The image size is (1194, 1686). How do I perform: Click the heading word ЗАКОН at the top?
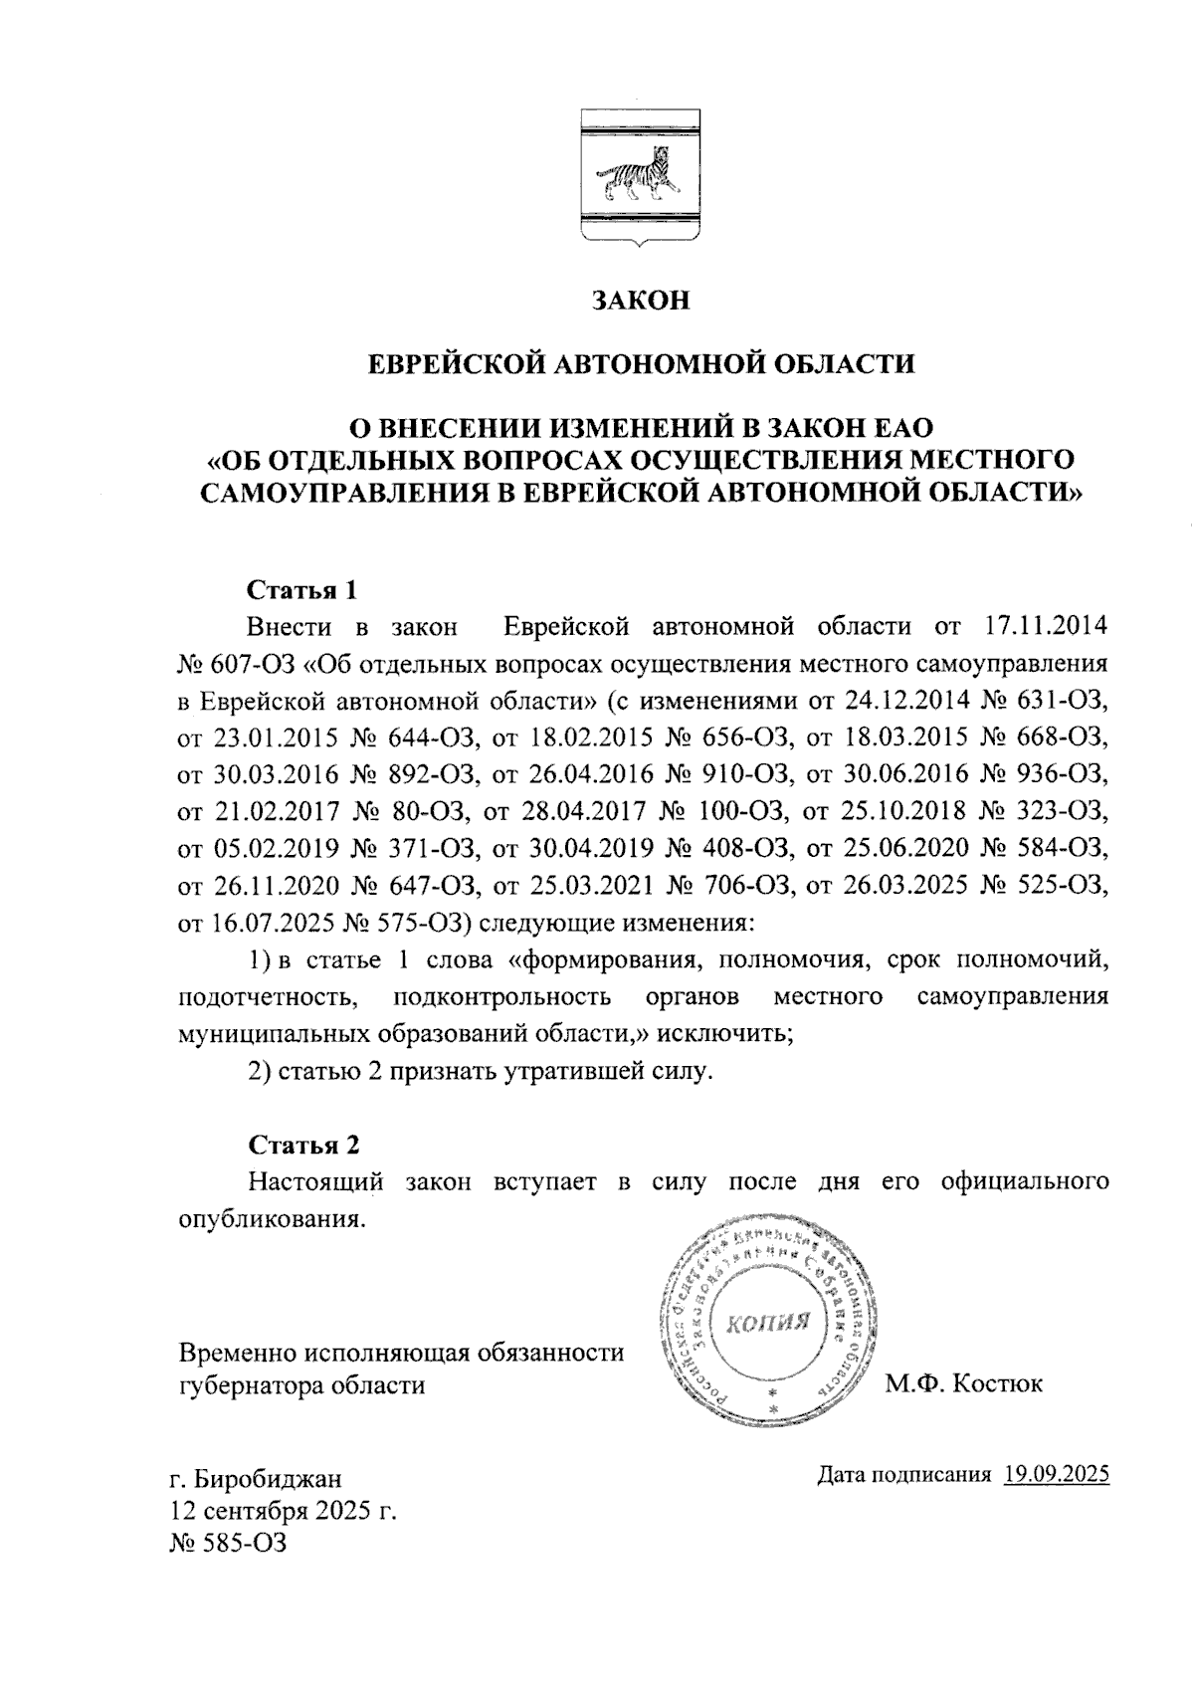641,301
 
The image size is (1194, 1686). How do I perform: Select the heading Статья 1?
301,589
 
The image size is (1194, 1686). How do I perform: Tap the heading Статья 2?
302,1145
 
